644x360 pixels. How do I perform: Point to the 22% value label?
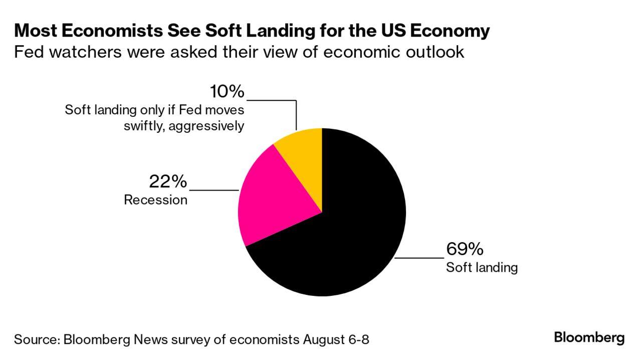tap(167, 182)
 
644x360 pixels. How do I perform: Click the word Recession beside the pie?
tap(155, 200)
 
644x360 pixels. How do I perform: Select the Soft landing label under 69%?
tap(482, 267)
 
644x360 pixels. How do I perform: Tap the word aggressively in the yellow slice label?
tap(206, 125)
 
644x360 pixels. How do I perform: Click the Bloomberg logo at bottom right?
tap(589, 337)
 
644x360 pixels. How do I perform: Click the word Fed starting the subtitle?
tap(27, 52)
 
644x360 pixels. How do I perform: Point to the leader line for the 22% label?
tap(214, 191)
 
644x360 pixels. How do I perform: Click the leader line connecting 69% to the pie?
tap(419, 258)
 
